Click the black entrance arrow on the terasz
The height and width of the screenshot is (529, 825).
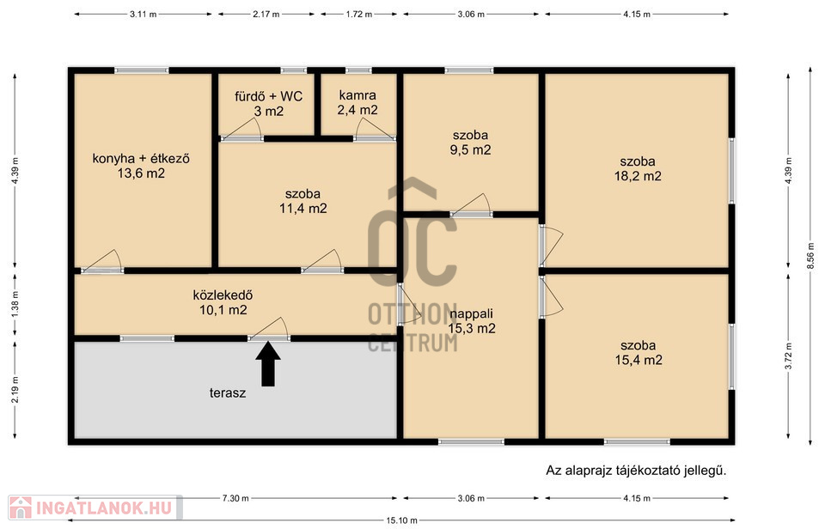coord(268,364)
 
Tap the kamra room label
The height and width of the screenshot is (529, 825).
coord(357,95)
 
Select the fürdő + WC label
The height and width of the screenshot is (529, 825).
coord(268,96)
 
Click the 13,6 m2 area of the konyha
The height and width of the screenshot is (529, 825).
coord(141,173)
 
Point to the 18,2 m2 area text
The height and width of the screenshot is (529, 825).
coord(638,176)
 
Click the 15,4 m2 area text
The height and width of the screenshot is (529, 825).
coord(639,360)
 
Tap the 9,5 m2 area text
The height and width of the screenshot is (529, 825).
coord(470,150)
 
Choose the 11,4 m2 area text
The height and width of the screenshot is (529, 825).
coord(303,208)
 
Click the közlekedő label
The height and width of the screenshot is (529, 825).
coord(223,295)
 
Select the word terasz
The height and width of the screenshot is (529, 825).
coord(228,392)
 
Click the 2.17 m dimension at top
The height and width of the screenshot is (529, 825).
coord(266,15)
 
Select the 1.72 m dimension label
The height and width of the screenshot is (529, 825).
coord(359,15)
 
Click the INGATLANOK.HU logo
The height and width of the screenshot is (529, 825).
coord(95,508)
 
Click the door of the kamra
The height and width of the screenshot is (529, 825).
coord(374,130)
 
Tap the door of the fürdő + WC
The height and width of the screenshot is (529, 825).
coord(241,130)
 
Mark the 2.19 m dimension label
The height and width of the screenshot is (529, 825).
coord(15,390)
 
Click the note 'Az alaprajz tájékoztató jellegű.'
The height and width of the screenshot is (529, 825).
coord(636,470)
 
